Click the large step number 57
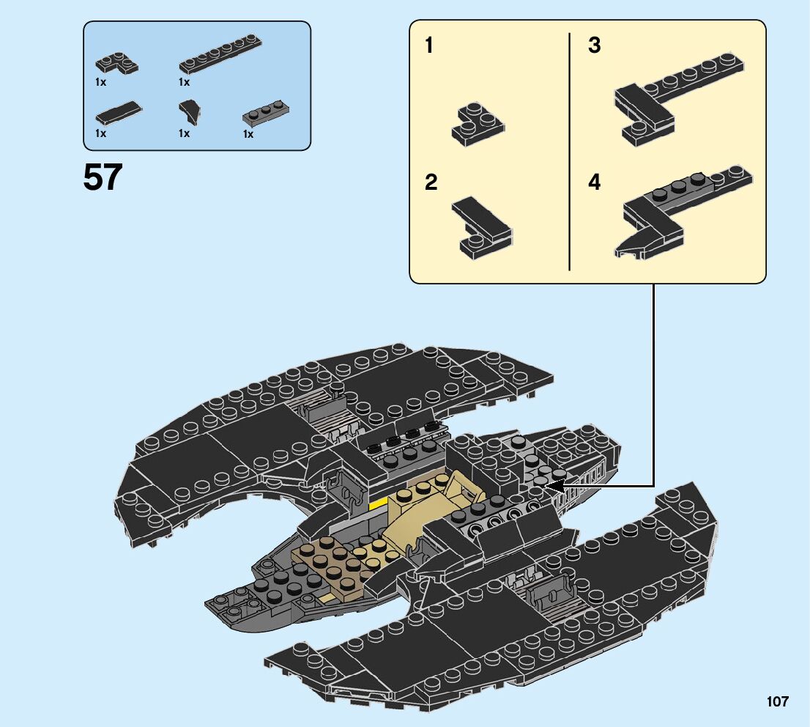103,177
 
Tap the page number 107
778,701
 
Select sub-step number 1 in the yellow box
429,46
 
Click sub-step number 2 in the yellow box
431,182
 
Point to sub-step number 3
595,46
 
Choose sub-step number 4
595,182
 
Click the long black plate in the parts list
221,54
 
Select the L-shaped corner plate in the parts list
116,64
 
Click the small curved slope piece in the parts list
191,112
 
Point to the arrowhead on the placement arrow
554,485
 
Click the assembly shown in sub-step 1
477,125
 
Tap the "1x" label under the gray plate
248,135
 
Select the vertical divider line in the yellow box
569,151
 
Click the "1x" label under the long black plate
185,83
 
